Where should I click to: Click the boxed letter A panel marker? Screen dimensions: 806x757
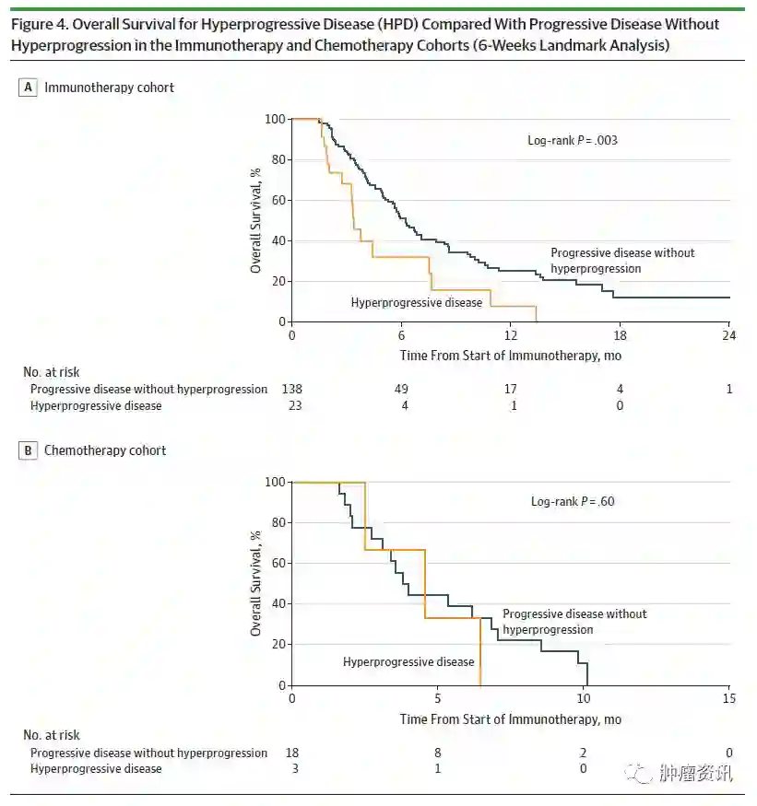[28, 88]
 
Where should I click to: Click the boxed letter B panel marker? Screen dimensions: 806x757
[28, 450]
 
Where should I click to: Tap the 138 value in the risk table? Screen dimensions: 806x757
[291, 389]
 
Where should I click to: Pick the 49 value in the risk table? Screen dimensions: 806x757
[401, 389]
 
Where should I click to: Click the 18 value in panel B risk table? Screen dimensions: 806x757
[291, 753]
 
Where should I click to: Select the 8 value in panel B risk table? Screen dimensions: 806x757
[437, 753]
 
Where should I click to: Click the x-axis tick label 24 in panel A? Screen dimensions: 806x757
[728, 335]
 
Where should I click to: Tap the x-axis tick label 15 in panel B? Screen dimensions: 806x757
[728, 699]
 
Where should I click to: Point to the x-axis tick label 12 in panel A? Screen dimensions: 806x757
[510, 335]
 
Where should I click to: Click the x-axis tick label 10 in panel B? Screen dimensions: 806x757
[583, 699]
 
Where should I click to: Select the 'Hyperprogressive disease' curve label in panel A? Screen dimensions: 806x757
[416, 302]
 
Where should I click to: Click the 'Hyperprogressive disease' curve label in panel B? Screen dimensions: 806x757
[408, 661]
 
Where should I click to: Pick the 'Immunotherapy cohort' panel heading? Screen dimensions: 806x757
[109, 88]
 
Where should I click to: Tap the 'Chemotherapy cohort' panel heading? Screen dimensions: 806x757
[105, 450]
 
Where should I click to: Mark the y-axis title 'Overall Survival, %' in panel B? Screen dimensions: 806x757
[256, 583]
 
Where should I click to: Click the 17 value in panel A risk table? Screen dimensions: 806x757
[510, 389]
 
